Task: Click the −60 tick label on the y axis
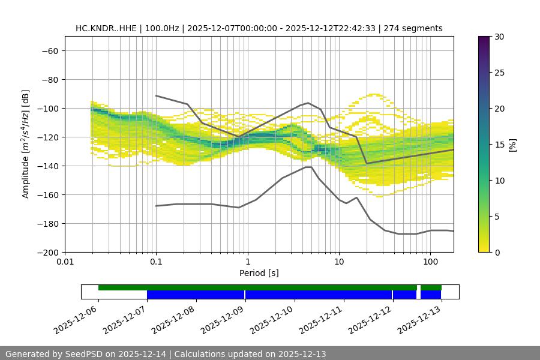[49, 50]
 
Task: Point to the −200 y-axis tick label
[46, 252]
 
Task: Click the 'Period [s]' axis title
[259, 273]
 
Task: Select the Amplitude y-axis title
[26, 144]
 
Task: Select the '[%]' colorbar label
[512, 145]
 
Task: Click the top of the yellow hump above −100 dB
[375, 94]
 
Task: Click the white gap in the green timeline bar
[419, 287]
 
